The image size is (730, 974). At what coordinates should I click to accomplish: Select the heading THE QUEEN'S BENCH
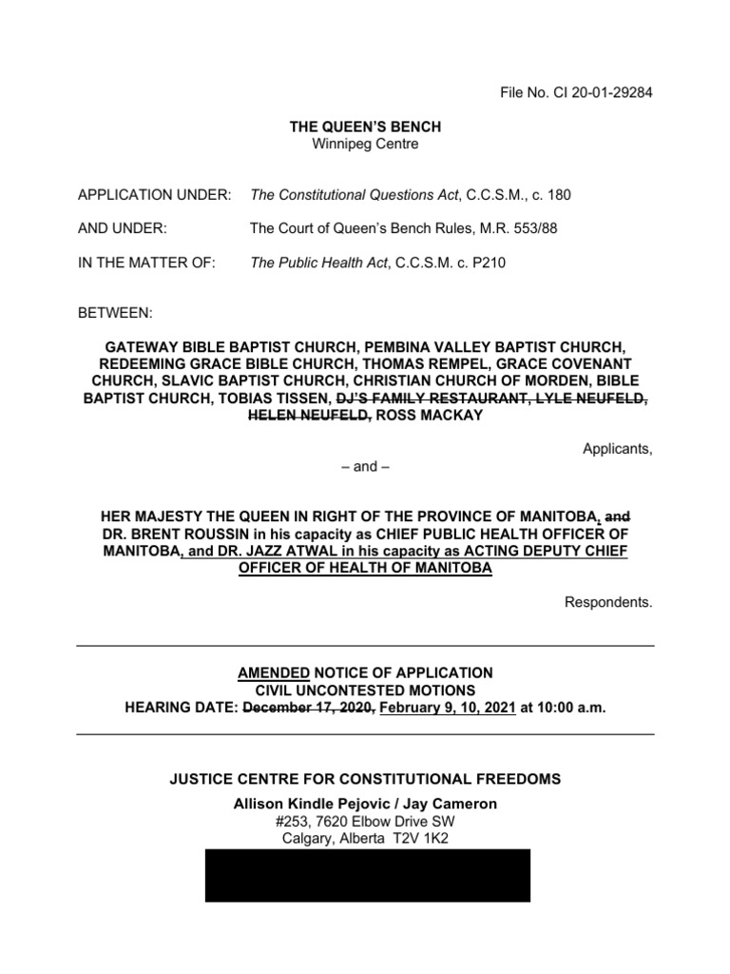pos(365,127)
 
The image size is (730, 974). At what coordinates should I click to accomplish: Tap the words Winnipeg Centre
pos(365,144)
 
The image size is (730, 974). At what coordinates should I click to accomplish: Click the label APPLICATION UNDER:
pos(154,195)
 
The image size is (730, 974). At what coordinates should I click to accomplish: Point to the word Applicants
pos(617,449)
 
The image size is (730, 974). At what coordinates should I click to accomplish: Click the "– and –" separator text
pos(365,467)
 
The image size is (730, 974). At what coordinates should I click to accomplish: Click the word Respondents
pos(608,602)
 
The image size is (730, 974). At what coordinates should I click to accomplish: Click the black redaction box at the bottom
pos(368,875)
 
